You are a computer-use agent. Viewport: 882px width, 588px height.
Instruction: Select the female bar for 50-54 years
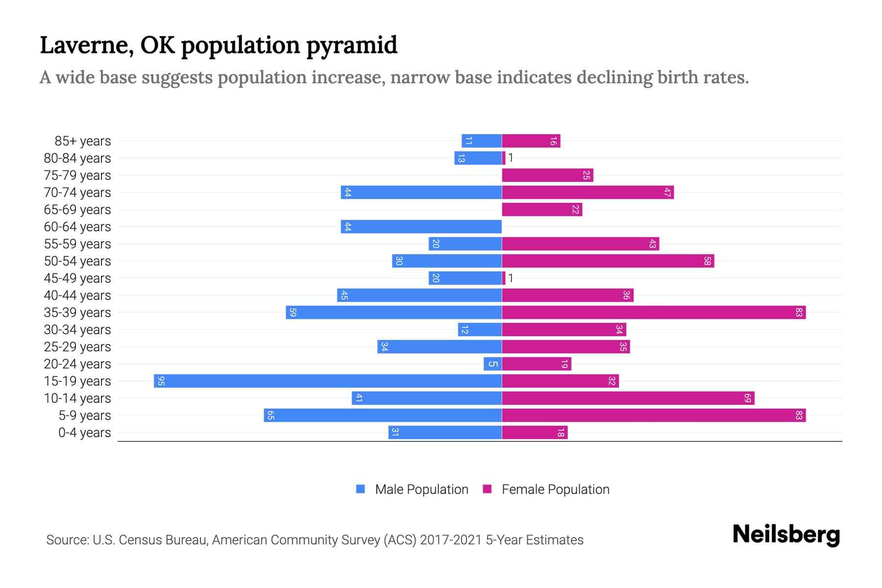click(608, 261)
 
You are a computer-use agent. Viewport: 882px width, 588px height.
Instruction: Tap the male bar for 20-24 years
click(492, 364)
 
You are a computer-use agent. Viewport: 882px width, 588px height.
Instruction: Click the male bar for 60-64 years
click(421, 227)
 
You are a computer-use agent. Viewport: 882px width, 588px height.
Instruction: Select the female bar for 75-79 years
click(547, 175)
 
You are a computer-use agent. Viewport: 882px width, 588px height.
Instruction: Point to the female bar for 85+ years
click(531, 141)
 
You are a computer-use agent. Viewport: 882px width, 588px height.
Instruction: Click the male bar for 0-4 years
click(445, 433)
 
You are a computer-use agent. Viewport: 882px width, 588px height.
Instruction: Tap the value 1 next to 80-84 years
click(511, 158)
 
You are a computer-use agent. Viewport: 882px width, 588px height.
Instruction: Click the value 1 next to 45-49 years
click(511, 278)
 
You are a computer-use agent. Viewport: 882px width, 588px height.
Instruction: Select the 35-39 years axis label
click(77, 313)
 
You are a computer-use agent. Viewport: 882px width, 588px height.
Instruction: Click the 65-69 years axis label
click(77, 210)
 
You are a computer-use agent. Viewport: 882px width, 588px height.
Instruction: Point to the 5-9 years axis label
click(85, 416)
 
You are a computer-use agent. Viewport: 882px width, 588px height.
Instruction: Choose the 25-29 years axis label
click(77, 347)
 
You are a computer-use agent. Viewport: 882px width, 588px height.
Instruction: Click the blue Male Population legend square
click(361, 489)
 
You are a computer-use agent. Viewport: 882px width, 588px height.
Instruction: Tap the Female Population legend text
click(555, 490)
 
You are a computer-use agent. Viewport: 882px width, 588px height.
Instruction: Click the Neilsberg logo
click(786, 535)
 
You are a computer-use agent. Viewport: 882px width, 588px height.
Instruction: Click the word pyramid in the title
click(351, 46)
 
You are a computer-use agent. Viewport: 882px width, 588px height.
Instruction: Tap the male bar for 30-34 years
click(480, 330)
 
